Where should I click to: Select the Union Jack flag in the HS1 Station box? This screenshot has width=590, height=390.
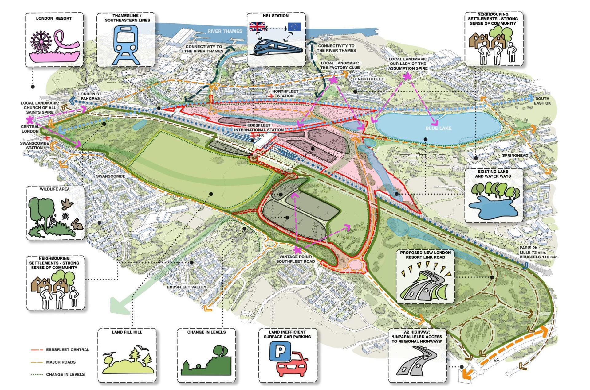[257, 27]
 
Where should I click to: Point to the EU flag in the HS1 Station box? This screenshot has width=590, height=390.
[294, 27]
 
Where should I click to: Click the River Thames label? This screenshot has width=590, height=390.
[225, 31]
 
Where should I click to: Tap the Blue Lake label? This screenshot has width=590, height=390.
[438, 128]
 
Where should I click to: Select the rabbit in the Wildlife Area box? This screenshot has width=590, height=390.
[77, 225]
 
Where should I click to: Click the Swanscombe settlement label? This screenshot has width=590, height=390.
[110, 176]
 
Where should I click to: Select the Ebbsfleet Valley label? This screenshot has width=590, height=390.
[187, 287]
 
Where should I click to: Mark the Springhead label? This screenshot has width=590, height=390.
[515, 156]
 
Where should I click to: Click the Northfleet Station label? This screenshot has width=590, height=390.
[285, 94]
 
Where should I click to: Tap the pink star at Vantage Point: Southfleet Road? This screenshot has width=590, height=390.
[297, 250]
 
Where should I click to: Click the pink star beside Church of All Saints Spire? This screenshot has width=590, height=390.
[30, 120]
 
